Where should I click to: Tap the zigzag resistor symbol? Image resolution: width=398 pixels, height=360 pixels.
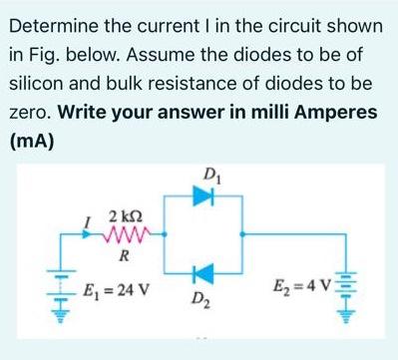click(x=123, y=235)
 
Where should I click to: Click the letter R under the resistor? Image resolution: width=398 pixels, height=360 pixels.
click(x=123, y=256)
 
